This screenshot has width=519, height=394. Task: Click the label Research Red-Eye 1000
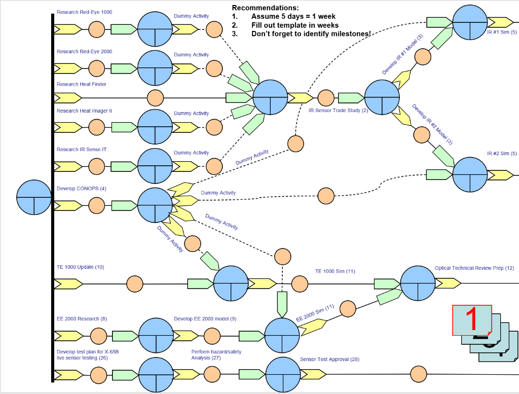point(84,12)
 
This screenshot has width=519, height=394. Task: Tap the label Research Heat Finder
point(81,84)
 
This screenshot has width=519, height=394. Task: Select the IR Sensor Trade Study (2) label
point(339,111)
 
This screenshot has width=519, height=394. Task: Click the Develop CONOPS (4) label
point(81,189)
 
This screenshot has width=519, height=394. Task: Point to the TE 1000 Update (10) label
point(80,267)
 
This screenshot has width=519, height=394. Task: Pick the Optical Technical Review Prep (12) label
point(474,268)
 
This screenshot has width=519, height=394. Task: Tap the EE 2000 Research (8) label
point(82,319)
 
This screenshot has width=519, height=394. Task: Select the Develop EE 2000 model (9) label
point(205,319)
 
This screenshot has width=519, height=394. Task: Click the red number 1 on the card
point(471,319)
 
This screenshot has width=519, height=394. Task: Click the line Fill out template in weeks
point(295,25)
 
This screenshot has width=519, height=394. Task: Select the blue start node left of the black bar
point(34,197)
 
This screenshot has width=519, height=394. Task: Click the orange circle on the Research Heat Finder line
point(155,97)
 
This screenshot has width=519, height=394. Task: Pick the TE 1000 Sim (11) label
point(335,271)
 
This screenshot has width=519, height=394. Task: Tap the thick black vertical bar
point(53,198)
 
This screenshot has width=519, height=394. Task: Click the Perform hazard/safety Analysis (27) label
point(216,355)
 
